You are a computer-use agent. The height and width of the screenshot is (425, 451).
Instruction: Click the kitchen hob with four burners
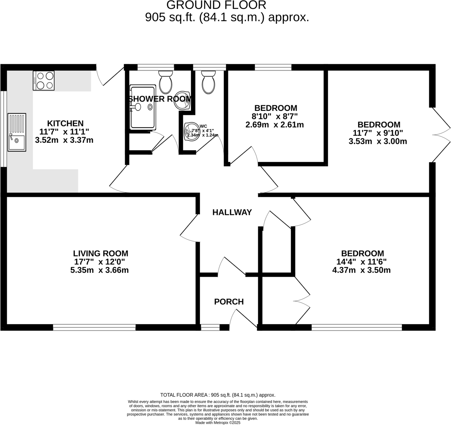tap(44, 81)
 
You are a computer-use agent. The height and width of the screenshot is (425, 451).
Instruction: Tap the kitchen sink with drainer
tap(17, 132)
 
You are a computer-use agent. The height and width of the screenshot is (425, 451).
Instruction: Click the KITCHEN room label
tap(65, 123)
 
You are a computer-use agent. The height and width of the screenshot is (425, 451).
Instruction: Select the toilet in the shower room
tap(165, 82)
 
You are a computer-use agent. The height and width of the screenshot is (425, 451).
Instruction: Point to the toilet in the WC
tap(208, 83)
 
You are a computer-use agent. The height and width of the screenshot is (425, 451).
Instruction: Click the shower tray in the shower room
tap(143, 107)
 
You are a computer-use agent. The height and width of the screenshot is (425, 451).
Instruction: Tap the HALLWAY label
tap(232, 212)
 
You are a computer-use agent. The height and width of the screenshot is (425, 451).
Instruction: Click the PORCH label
tap(229, 302)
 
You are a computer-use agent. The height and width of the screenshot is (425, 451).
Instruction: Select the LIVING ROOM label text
tap(100, 254)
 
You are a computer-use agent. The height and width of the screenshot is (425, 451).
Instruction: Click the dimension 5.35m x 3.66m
tap(99, 270)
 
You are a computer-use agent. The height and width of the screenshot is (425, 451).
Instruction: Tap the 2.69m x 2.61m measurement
tap(275, 125)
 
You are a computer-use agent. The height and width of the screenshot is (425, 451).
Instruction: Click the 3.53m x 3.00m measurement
tap(378, 142)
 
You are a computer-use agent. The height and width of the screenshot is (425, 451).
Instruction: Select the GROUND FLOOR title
tap(216, 5)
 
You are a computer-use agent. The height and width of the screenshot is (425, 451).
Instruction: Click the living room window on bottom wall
tap(94, 328)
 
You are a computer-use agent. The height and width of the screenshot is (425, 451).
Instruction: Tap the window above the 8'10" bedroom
tap(273, 67)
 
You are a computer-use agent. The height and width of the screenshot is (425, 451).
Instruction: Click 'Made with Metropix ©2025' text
tap(218, 423)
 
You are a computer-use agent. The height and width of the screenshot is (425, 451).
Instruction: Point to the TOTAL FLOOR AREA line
tap(218, 395)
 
